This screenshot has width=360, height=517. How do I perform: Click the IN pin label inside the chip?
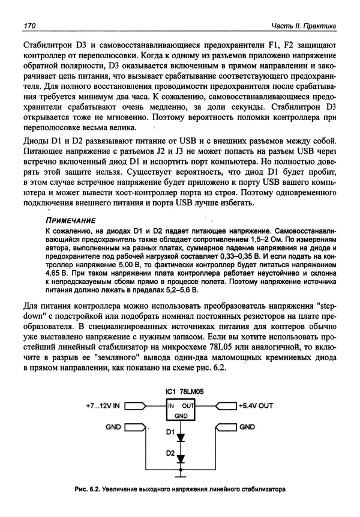pos(163,406)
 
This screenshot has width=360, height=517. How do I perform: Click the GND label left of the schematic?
pos(112,428)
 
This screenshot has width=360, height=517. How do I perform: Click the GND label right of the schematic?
pos(247,428)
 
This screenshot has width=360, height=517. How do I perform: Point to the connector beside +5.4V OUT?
pos(223,406)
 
